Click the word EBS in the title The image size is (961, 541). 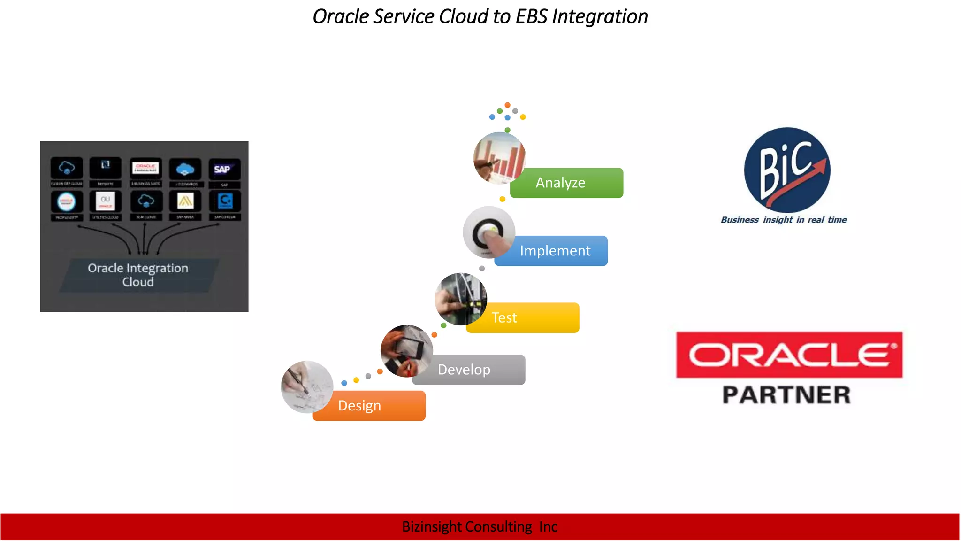[531, 17]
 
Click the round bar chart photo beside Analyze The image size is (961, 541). [499, 158]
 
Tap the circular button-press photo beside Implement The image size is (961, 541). [488, 232]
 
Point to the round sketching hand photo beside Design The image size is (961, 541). [307, 386]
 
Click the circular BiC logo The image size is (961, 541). [787, 170]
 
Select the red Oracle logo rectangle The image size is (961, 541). [789, 355]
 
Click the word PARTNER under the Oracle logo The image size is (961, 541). [786, 395]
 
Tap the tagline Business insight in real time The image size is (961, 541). [784, 220]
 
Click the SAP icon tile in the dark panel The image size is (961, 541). [224, 170]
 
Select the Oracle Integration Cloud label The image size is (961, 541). [138, 275]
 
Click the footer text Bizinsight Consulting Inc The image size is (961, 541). [480, 527]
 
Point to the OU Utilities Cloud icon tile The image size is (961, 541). [106, 201]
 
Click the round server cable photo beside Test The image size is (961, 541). [461, 299]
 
